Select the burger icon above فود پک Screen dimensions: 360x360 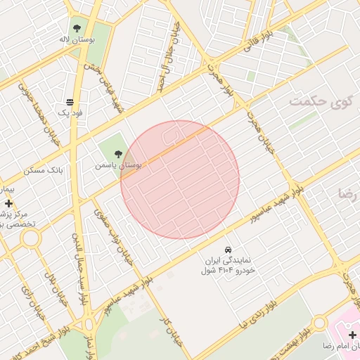point(70,101)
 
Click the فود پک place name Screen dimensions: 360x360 point(70,112)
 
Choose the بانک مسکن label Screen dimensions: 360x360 point(44,170)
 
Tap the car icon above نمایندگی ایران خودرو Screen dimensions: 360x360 point(229,250)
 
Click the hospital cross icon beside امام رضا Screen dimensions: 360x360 point(352,335)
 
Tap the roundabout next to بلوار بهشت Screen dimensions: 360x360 point(320,323)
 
